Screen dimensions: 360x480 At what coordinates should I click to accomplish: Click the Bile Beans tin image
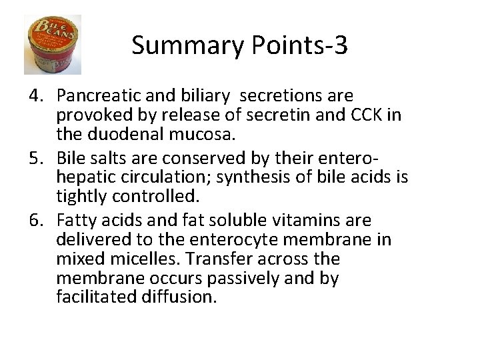52,45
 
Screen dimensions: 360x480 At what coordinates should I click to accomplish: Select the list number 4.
36,96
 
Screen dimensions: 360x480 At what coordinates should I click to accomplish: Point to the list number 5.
36,159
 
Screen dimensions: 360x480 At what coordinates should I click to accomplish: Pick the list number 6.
36,221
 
